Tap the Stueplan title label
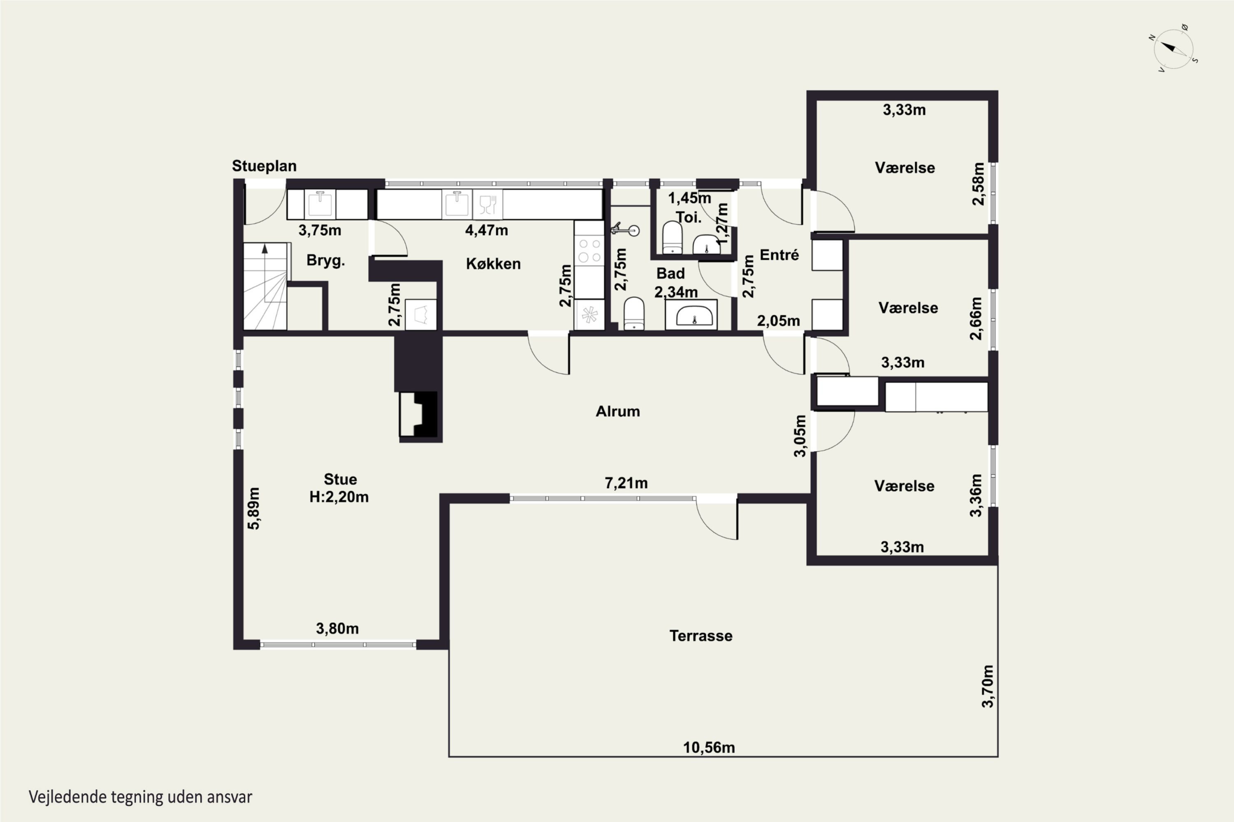pos(264,166)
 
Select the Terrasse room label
pos(701,636)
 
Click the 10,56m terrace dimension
pos(709,748)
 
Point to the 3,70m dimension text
pos(988,686)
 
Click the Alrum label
pos(617,411)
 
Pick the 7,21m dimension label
pos(626,483)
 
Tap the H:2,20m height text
pos(339,497)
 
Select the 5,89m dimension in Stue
pos(253,508)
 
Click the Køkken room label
pos(493,264)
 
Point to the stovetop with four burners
pos(589,251)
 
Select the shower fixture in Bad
pos(625,230)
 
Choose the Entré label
pos(779,255)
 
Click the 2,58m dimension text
pos(978,184)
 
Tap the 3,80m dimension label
pos(337,628)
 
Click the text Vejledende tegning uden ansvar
pos(140,797)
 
